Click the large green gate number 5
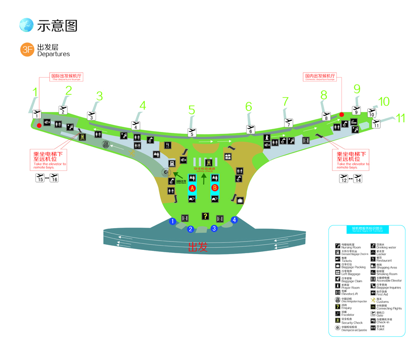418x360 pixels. [x=192, y=110]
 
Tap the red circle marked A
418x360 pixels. [x=192, y=188]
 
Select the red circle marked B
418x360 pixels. [x=215, y=188]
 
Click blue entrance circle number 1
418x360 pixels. [x=172, y=221]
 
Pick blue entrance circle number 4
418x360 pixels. [x=234, y=220]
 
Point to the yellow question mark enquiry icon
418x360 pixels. [x=205, y=216]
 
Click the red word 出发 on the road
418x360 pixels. [x=198, y=247]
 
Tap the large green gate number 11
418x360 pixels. [x=400, y=118]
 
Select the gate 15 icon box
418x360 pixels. [x=40, y=178]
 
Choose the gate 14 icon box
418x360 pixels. [x=358, y=178]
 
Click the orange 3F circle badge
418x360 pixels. [x=27, y=50]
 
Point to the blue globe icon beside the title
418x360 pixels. [x=26, y=25]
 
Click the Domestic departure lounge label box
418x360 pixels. [x=320, y=76]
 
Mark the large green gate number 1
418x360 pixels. [x=34, y=92]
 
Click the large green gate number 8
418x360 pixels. [x=324, y=95]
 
